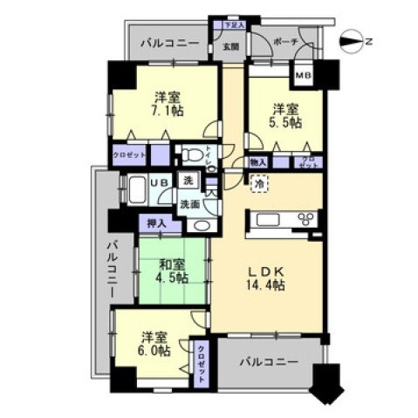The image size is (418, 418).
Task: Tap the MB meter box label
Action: [x=304, y=75]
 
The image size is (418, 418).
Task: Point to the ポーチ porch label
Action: [x=284, y=41]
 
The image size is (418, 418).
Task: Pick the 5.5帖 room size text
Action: [x=285, y=124]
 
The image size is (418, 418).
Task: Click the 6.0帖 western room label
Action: [x=154, y=342]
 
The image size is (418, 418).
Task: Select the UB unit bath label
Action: [x=161, y=182]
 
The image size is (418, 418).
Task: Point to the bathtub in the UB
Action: [x=138, y=190]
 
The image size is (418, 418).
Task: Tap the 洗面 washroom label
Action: [x=190, y=204]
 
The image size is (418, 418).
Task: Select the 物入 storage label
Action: [x=257, y=162]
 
